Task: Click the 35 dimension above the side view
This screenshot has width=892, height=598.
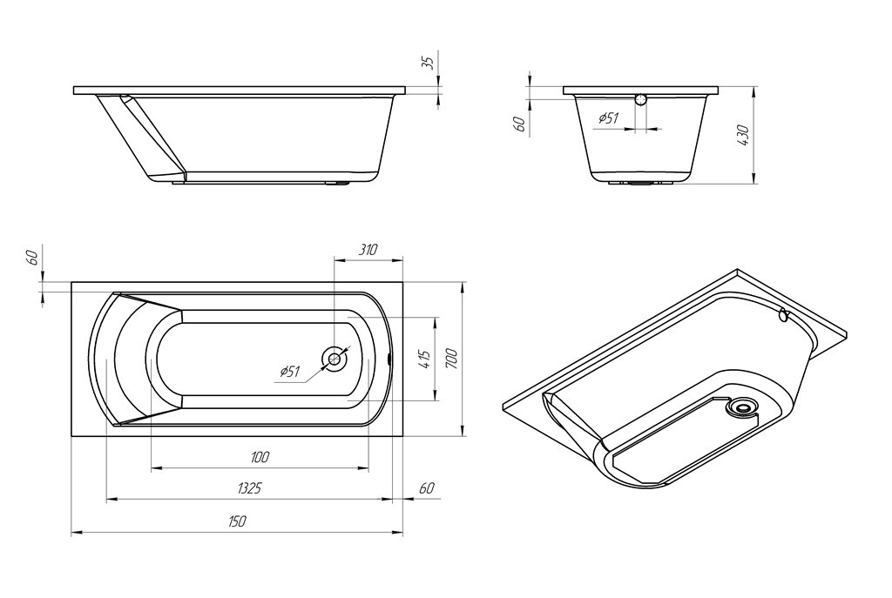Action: [427, 63]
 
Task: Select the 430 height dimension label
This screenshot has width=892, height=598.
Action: [743, 135]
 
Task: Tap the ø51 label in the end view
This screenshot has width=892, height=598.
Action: [608, 118]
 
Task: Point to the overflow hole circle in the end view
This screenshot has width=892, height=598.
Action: [642, 98]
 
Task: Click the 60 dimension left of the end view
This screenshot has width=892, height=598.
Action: [519, 124]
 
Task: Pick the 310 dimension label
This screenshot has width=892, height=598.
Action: [368, 250]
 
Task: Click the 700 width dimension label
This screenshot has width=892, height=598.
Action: [450, 358]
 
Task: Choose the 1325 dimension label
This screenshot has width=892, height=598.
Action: [248, 488]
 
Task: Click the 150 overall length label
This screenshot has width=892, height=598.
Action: [237, 521]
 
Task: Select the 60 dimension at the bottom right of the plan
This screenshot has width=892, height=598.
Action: [426, 488]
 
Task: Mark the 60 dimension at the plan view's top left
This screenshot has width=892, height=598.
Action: [32, 258]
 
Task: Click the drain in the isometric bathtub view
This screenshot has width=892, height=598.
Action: [743, 406]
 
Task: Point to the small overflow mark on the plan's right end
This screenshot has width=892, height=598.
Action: [388, 358]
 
